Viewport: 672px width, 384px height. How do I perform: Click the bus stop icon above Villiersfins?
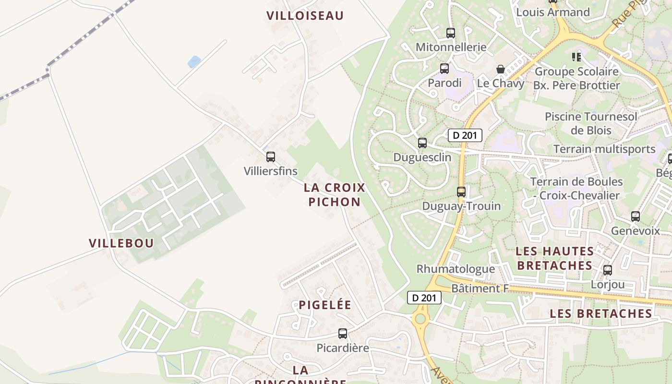pos(271,157)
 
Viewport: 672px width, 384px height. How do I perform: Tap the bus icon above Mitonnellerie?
pos(451,33)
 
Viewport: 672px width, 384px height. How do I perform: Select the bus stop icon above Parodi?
pos(444,69)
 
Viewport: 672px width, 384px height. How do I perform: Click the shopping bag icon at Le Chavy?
pos(501,69)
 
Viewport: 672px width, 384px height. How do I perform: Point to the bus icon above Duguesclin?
pos(422,143)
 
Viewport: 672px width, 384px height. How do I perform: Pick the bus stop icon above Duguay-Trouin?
pos(461,192)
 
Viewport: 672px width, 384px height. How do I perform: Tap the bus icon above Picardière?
pos(343,334)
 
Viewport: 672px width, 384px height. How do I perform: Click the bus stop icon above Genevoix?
pos(636,216)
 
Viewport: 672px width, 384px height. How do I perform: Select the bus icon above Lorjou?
pos(608,270)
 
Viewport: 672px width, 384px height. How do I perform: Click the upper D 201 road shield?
pos(465,135)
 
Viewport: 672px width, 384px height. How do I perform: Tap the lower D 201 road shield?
pos(424,298)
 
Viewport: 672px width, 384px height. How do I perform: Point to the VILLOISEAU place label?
pos(305,16)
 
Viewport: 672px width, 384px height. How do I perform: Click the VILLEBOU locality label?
pos(121,243)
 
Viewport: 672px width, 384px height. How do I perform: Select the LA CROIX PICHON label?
pos(335,194)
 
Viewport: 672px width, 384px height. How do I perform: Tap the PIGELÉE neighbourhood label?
pos(325,305)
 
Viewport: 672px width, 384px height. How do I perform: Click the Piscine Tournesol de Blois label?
pos(591,123)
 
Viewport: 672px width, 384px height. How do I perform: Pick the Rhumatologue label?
pos(456,269)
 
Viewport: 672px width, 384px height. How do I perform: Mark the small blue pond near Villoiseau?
pos(194,62)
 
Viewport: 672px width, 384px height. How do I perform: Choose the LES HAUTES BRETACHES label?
pos(554,258)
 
